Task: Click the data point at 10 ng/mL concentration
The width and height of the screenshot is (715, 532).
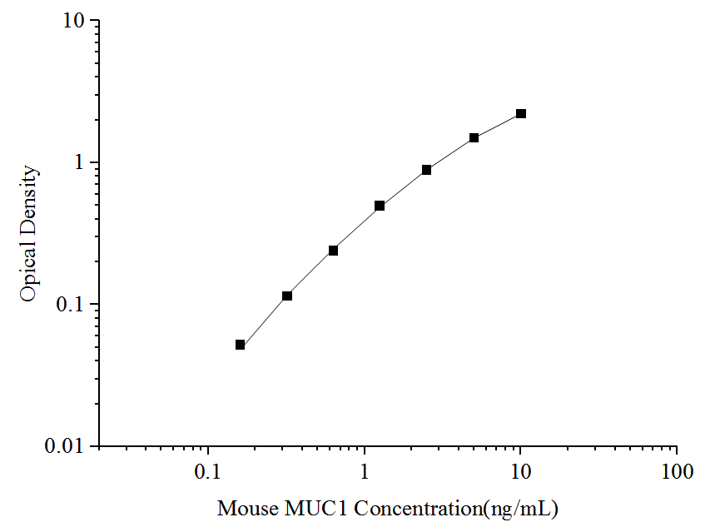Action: pos(521,113)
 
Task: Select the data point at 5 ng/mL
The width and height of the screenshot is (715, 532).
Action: pos(474,137)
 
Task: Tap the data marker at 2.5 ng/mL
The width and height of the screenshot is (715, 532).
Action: pos(426,170)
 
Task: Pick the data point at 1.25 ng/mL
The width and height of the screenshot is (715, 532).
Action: pos(380,206)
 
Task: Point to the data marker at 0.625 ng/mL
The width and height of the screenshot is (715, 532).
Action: pos(333,251)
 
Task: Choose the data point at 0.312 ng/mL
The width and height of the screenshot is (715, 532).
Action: pos(287,296)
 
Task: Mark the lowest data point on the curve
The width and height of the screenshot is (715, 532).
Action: pos(240,345)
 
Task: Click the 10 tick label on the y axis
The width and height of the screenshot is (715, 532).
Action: pos(75,21)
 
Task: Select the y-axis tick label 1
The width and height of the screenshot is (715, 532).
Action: pos(81,162)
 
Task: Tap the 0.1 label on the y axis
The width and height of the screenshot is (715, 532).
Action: pos(73,305)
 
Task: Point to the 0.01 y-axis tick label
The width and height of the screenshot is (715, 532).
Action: pos(68,446)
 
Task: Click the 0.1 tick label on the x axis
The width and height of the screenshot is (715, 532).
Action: pos(208,472)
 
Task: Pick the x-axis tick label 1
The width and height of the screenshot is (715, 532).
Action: pos(365,472)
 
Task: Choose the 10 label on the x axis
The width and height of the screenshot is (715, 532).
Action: pos(520,472)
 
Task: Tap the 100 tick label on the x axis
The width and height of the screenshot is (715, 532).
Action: pos(677,472)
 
